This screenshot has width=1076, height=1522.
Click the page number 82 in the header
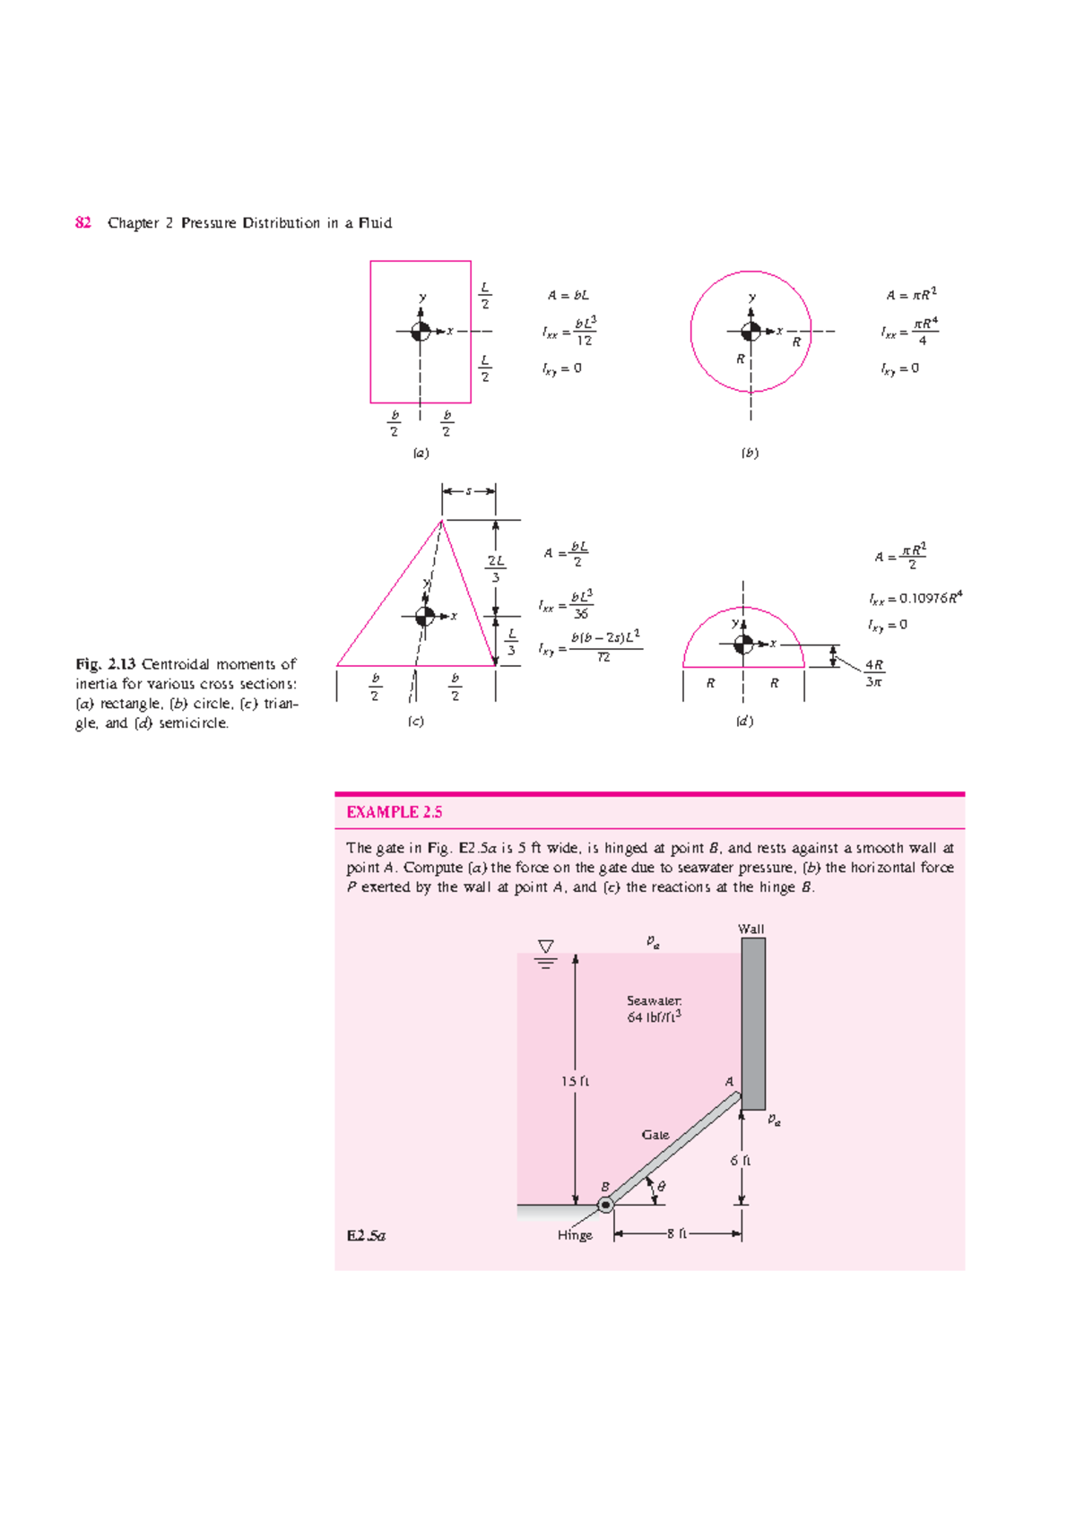[x=82, y=222]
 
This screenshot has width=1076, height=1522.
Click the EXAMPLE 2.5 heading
[x=394, y=812]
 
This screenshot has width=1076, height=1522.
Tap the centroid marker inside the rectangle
[x=421, y=332]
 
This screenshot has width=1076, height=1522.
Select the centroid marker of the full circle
[x=751, y=332]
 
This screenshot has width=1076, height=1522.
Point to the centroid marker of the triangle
[x=425, y=616]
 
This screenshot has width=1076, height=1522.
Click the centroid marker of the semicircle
[x=743, y=644]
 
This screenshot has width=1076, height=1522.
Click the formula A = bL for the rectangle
[x=568, y=295]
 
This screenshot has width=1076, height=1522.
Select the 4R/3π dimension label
[x=874, y=673]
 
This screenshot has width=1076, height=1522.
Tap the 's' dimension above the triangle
[x=468, y=491]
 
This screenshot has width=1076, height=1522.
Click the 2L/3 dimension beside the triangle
[x=496, y=568]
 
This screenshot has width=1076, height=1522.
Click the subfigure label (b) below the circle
[x=750, y=453]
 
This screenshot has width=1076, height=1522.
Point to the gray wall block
[x=753, y=1023]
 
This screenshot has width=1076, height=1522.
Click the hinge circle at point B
[x=606, y=1206]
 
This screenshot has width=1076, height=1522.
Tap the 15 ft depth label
[x=575, y=1081]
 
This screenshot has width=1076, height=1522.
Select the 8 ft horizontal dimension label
[x=677, y=1234]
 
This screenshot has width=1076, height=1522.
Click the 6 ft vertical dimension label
[x=740, y=1160]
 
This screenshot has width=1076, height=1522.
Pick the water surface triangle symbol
[x=545, y=947]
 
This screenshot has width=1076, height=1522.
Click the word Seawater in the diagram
[x=654, y=1000]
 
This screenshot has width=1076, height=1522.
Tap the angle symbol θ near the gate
[x=662, y=1186]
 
